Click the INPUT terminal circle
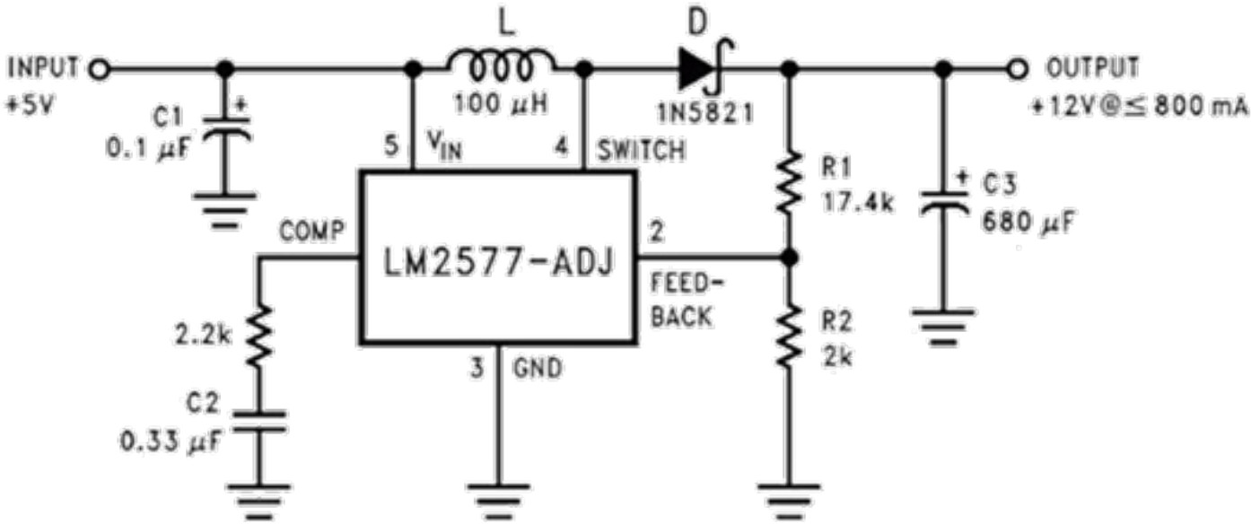point(100,68)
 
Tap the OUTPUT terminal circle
point(1017,68)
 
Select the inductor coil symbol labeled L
point(503,66)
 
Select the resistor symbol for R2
point(790,334)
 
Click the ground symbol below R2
point(790,495)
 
